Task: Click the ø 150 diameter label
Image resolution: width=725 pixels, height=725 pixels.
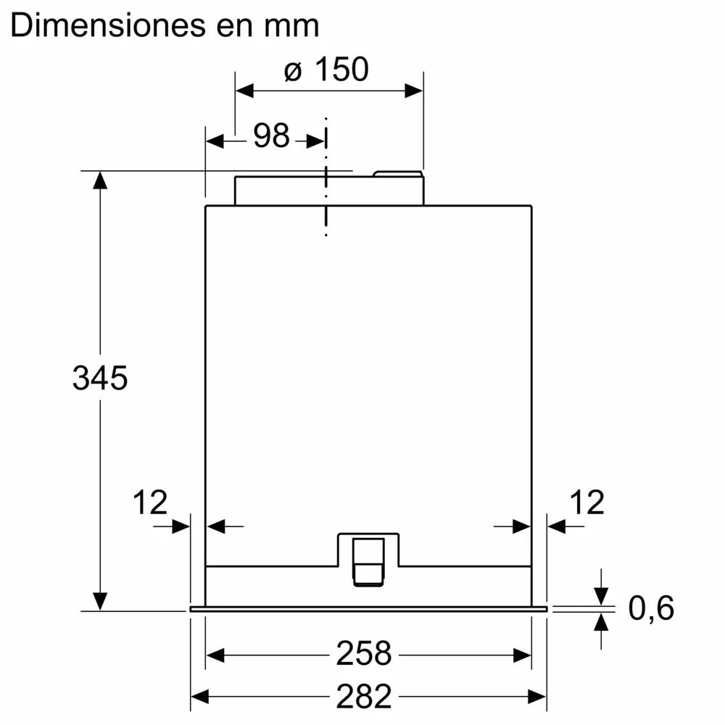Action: coord(326,70)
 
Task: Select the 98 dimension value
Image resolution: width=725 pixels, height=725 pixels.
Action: coord(271,136)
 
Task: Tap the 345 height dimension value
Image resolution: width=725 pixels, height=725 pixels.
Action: coord(100,378)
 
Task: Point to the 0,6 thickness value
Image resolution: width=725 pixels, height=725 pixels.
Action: coord(650,608)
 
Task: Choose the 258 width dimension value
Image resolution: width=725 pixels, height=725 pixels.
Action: coord(363,654)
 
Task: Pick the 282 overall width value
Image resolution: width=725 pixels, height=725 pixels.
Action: coord(363,697)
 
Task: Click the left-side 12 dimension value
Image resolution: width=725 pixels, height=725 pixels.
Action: coord(150,502)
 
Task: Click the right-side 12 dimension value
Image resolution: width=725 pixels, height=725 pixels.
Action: coord(586,502)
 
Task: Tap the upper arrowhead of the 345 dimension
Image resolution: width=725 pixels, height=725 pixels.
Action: coord(100,180)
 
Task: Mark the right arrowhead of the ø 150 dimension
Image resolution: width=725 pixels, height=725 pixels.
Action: coord(414,91)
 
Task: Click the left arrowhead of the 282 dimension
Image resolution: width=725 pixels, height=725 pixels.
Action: coord(199,697)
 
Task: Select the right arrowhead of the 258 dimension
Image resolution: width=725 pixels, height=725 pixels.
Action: coord(523,655)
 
